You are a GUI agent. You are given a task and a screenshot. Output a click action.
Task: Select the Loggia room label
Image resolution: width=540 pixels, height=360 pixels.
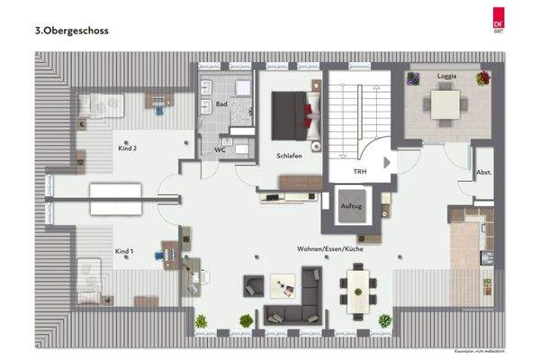[x=447, y=76]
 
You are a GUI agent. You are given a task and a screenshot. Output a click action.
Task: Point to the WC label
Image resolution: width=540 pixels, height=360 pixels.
[x=220, y=150]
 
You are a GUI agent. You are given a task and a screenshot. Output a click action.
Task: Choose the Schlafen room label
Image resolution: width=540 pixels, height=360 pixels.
[x=289, y=156]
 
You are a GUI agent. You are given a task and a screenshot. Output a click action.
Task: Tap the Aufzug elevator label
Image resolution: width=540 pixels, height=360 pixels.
[x=350, y=206]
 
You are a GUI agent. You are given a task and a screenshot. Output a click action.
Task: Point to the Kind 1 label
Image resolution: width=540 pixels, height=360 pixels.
[x=124, y=251]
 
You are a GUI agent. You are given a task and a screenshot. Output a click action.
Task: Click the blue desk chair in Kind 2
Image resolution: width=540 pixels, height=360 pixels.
[x=158, y=109]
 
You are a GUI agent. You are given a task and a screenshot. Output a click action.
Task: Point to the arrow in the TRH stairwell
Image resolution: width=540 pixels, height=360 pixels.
[x=387, y=163]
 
